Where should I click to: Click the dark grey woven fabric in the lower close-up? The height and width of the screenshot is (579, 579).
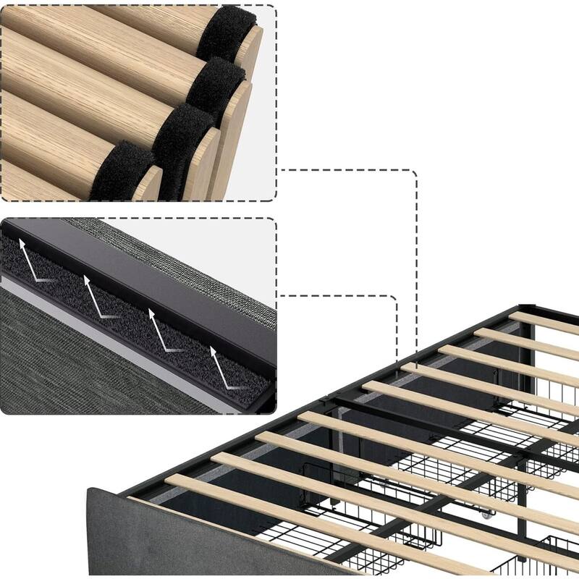point(87,362)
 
